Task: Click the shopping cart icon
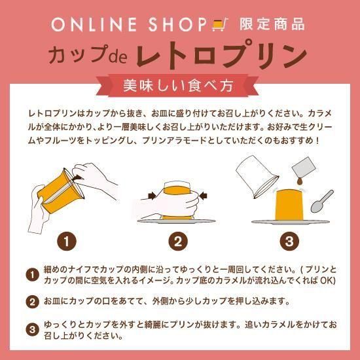click(220, 24)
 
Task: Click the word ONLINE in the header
click(94, 25)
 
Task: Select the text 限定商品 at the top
click(272, 24)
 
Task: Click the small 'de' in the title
click(118, 56)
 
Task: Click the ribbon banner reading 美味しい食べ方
click(177, 86)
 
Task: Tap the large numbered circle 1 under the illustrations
click(67, 241)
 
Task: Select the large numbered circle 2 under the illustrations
click(178, 241)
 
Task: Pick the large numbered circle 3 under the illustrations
click(289, 241)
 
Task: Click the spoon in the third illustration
click(322, 201)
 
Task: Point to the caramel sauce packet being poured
click(304, 167)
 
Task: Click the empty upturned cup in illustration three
click(257, 176)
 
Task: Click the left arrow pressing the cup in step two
click(152, 196)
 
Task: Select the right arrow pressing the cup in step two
click(204, 196)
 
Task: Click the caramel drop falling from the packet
click(299, 181)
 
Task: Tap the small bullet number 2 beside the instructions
click(32, 302)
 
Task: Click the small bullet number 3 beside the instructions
click(32, 330)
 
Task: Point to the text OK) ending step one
click(328, 280)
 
